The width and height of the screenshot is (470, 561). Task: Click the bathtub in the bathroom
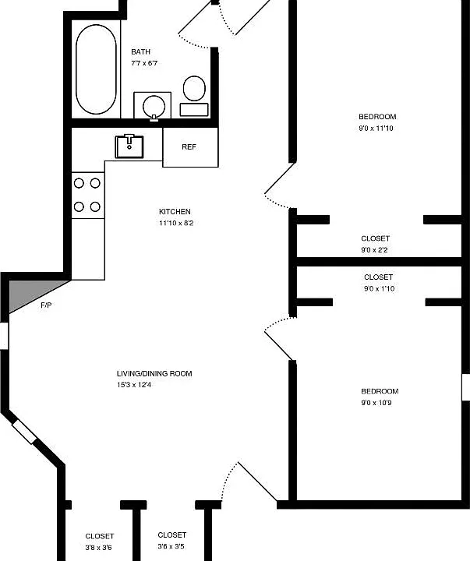pos(96,69)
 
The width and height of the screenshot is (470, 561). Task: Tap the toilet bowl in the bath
pos(194,88)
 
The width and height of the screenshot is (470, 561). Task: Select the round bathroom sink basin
pos(154,106)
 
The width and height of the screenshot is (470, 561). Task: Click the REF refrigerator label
pos(189,147)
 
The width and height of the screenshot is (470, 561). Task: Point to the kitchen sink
pos(129,146)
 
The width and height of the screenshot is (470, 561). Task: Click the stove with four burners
pos(88,196)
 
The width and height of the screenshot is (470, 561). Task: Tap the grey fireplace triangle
pos(32,295)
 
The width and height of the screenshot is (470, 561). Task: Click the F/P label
pos(46,305)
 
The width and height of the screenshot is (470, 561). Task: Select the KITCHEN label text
pos(175,211)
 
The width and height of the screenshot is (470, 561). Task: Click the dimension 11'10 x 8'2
pos(176,224)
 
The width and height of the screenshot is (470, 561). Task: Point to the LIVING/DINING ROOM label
pos(154,373)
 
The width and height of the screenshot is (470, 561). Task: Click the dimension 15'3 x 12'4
pos(133,385)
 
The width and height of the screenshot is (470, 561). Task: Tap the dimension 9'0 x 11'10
pos(376,128)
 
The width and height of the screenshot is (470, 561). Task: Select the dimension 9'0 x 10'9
pos(376,403)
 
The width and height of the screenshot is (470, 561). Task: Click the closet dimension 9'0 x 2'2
pos(374,250)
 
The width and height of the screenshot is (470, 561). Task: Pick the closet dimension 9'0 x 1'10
pos(379,289)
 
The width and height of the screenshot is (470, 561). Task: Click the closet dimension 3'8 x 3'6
pos(98,548)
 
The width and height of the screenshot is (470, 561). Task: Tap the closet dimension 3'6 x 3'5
pos(171,546)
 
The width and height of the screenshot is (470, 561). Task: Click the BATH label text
pos(140,52)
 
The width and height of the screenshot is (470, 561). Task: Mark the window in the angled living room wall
pos(24,432)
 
